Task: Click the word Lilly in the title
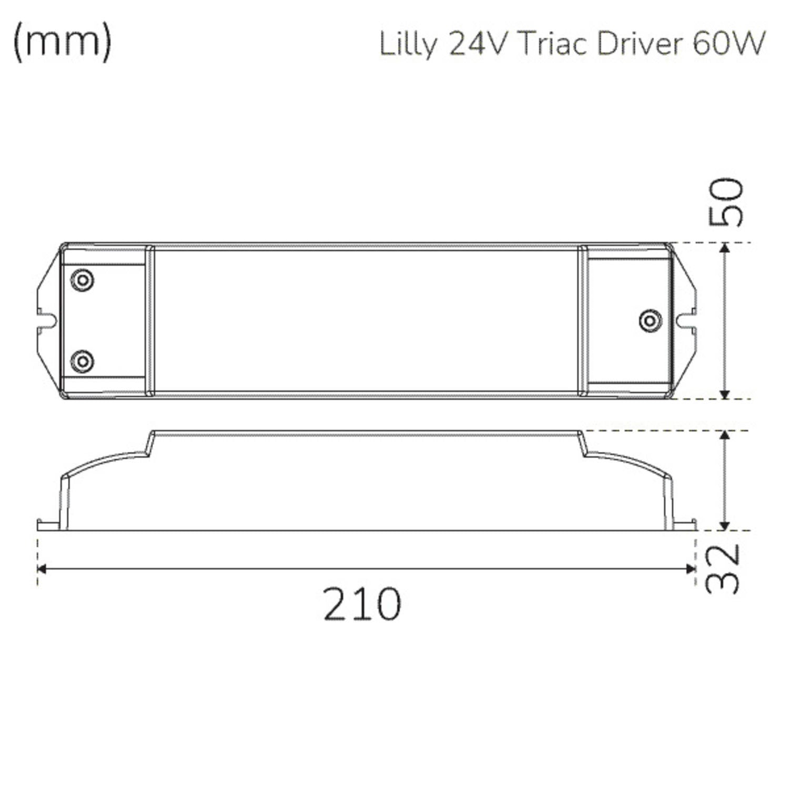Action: tap(408, 45)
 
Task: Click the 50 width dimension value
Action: tap(726, 203)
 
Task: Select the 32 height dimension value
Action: tap(723, 569)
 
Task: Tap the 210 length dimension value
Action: tap(362, 604)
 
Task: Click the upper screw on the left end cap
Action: tap(82, 279)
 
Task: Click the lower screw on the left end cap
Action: tap(82, 361)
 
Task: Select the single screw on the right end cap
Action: tap(650, 320)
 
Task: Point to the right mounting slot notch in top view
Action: tap(687, 320)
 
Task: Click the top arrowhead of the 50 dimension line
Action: tap(725, 248)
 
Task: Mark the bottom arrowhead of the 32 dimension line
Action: tap(725, 525)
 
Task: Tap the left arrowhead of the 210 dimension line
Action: tap(42, 569)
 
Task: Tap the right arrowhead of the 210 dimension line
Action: tap(691, 569)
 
